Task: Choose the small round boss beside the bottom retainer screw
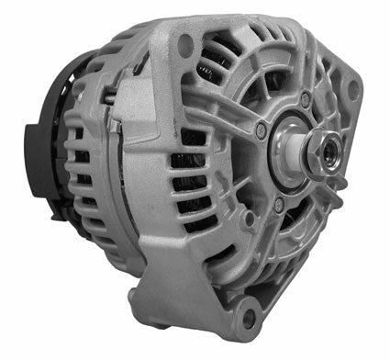pyautogui.click(x=286, y=213)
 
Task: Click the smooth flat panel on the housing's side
pyautogui.click(x=151, y=184)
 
